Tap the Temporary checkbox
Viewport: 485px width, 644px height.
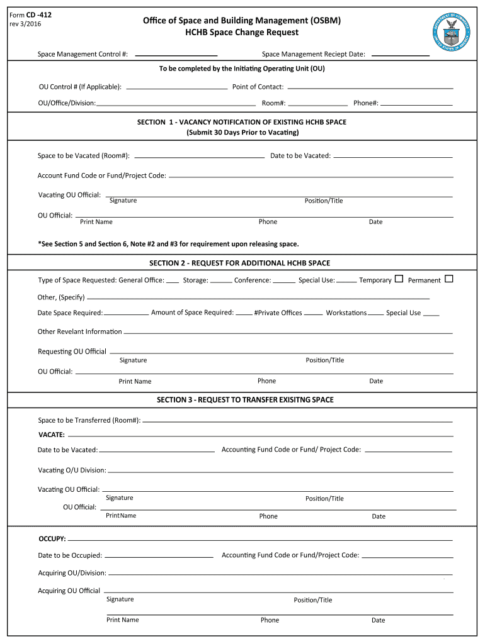399,279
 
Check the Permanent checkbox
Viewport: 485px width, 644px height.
449,279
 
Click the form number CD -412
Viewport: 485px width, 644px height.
39,14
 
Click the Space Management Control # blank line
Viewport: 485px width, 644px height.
176,55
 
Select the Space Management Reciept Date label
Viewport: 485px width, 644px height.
313,55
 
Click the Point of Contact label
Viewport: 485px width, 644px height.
258,87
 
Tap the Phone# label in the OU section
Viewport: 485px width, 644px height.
365,103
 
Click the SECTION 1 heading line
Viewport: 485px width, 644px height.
242,122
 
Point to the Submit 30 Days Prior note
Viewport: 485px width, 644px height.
242,133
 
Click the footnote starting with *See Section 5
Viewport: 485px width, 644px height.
168,243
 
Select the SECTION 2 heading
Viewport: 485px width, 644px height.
239,263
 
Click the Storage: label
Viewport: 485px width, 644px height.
195,280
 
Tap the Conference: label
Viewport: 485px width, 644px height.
253,280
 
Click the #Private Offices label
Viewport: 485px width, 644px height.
278,313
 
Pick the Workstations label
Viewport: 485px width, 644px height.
346,313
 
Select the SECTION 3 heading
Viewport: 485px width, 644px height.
245,399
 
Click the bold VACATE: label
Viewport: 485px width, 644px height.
51,435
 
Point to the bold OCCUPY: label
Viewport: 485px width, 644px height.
52,539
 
